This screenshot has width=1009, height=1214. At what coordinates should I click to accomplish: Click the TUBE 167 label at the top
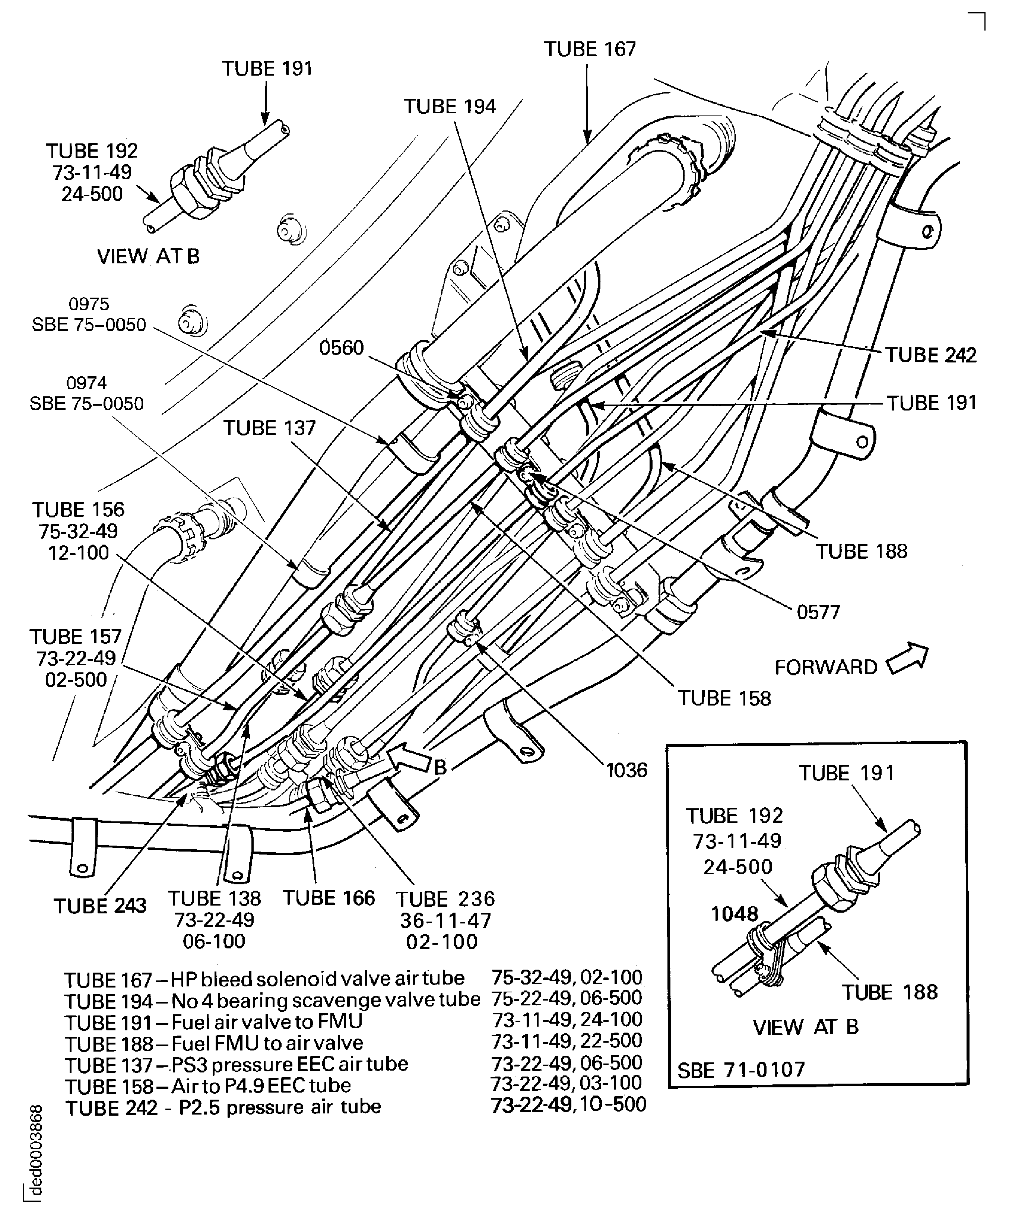pos(590,49)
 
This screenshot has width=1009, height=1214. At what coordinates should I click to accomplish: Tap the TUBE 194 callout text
pos(449,107)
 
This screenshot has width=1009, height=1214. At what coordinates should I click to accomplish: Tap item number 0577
pos(818,612)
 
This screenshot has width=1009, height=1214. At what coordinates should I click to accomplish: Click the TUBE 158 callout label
pos(724,698)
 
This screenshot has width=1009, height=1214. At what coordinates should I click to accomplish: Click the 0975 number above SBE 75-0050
pos(88,304)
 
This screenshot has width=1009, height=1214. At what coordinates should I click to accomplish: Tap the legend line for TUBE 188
pos(214,1043)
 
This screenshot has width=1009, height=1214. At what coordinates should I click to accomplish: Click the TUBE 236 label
pos(445,899)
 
